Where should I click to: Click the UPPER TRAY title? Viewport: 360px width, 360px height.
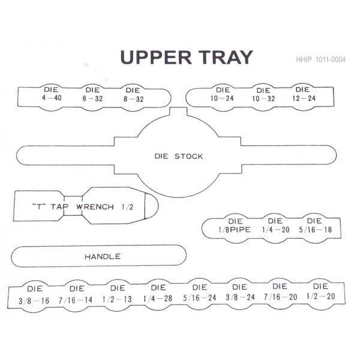click(187, 57)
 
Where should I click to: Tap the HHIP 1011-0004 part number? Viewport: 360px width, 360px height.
click(320, 59)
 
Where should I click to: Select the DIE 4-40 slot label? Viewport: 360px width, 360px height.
click(52, 94)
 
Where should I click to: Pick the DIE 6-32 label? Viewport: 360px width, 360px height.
click(92, 94)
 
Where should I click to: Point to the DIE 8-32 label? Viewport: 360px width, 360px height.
click(133, 95)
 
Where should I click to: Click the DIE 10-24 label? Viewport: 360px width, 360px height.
click(222, 94)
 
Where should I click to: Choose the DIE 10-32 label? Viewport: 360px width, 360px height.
click(263, 95)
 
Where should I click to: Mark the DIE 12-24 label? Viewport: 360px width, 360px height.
click(304, 94)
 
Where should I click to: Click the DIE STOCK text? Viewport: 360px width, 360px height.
click(179, 157)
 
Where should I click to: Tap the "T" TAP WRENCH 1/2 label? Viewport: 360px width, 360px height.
click(83, 207)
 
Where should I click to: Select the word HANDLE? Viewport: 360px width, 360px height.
click(103, 256)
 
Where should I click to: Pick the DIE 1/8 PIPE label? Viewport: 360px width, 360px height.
click(235, 226)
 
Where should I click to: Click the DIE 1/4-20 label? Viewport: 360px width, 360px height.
click(275, 225)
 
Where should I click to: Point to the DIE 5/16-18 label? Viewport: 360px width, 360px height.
click(315, 225)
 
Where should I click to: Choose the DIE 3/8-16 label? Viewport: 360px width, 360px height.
click(34, 295)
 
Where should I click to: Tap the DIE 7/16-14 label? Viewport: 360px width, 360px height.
click(76, 295)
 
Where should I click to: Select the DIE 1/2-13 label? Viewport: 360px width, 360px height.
click(117, 293)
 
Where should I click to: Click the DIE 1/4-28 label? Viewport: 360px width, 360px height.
click(158, 293)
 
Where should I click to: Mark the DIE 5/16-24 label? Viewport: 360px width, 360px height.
click(200, 293)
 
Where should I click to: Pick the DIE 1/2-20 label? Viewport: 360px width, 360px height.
click(321, 292)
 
